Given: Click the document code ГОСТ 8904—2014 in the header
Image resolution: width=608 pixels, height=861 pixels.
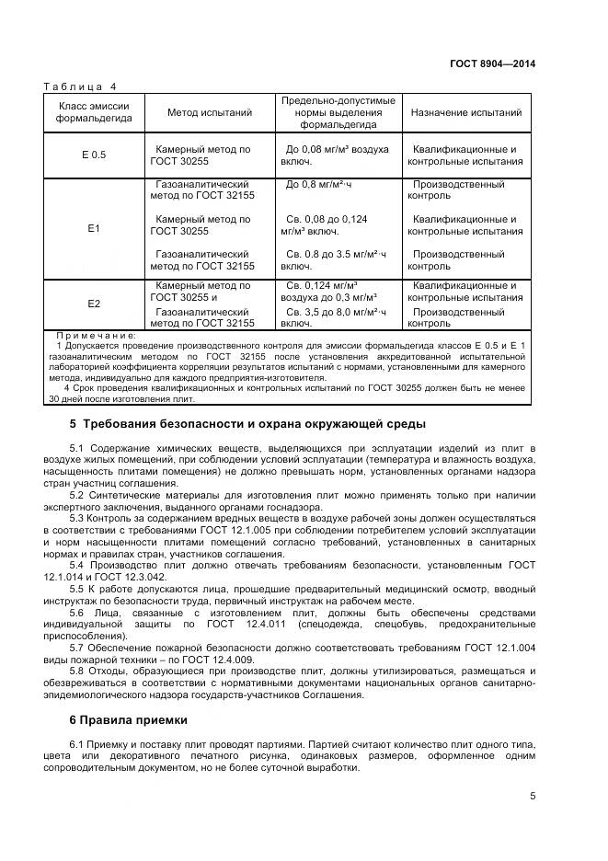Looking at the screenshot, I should point(492,63).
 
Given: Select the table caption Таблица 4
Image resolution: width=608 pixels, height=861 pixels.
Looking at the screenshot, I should point(81,86).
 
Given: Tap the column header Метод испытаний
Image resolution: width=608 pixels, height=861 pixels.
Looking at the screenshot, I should point(209,113).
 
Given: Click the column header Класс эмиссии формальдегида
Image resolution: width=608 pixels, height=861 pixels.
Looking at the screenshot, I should point(93,113).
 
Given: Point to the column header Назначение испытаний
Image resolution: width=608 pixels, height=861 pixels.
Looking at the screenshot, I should point(465,113).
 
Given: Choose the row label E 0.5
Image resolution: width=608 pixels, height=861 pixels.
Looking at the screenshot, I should point(93,155).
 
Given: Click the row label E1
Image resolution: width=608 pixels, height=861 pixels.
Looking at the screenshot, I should point(93,226).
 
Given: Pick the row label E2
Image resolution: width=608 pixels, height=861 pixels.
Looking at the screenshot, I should point(93,304).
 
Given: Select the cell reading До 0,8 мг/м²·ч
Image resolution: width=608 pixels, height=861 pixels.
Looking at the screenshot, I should point(318,185).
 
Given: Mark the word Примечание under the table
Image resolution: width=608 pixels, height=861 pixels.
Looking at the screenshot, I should point(96,336).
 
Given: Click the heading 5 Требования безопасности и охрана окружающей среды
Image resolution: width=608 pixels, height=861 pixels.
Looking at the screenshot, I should point(247,424).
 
